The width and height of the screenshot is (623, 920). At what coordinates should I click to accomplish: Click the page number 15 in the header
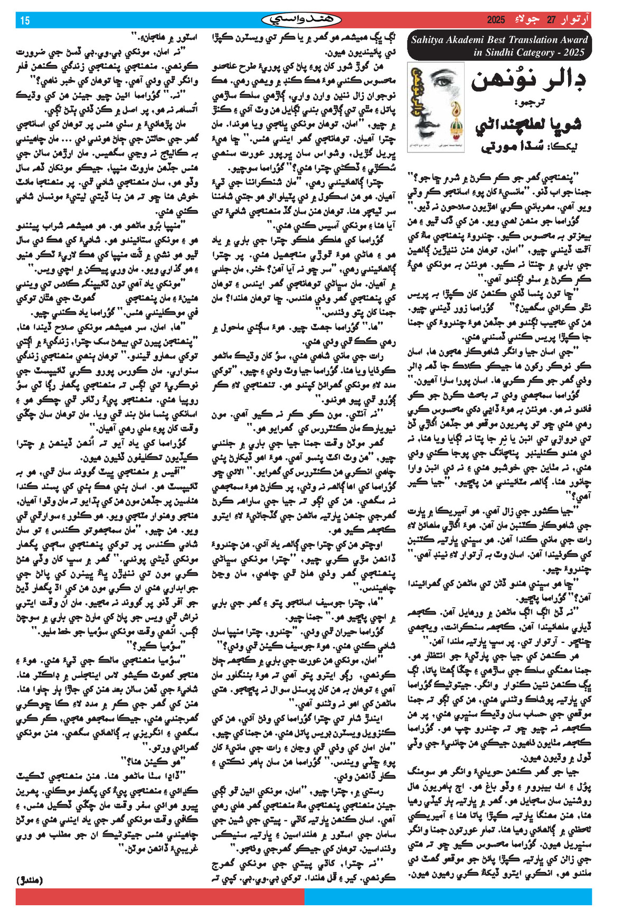coord(25,21)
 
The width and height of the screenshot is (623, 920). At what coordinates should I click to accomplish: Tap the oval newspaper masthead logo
coord(301,20)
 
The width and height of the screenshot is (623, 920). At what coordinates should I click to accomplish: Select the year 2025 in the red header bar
coord(496,20)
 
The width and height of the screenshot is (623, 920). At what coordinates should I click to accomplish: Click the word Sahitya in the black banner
coord(430,40)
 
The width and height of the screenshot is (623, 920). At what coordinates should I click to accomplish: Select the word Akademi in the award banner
coord(469,40)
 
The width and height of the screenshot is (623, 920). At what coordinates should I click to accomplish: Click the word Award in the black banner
coord(574,40)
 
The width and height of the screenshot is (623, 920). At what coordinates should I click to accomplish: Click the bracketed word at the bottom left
coord(30,880)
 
